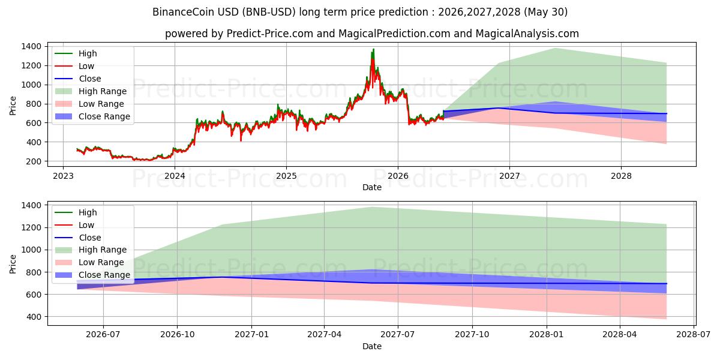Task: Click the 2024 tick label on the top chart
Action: [175, 176]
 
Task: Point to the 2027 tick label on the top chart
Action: [509, 176]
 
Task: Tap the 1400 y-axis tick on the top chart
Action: [31, 47]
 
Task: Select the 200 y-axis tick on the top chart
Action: [34, 161]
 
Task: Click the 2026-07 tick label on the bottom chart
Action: [103, 335]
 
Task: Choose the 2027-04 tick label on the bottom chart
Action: [325, 335]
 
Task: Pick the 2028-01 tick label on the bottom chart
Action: [547, 335]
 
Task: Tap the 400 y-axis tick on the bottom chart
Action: [34, 317]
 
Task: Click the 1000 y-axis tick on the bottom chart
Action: [31, 250]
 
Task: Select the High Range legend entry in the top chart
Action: [91, 91]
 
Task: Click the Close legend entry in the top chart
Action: [78, 79]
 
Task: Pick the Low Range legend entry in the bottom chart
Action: [89, 263]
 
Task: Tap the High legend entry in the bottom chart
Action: [76, 212]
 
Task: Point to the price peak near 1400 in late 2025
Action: [373, 49]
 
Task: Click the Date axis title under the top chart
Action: [372, 187]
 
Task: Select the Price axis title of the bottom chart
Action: [13, 264]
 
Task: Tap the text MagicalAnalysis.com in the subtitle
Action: [527, 34]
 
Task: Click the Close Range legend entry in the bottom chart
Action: [92, 275]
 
